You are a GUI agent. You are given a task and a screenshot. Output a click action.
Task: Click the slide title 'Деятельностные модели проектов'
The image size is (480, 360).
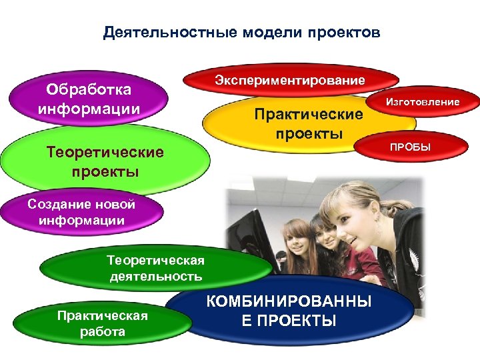[x=242, y=33]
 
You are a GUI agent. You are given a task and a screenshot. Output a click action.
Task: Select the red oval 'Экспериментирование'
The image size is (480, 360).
[x=289, y=81]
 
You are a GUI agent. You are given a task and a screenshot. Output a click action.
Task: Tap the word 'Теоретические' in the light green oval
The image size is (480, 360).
[x=105, y=153]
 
